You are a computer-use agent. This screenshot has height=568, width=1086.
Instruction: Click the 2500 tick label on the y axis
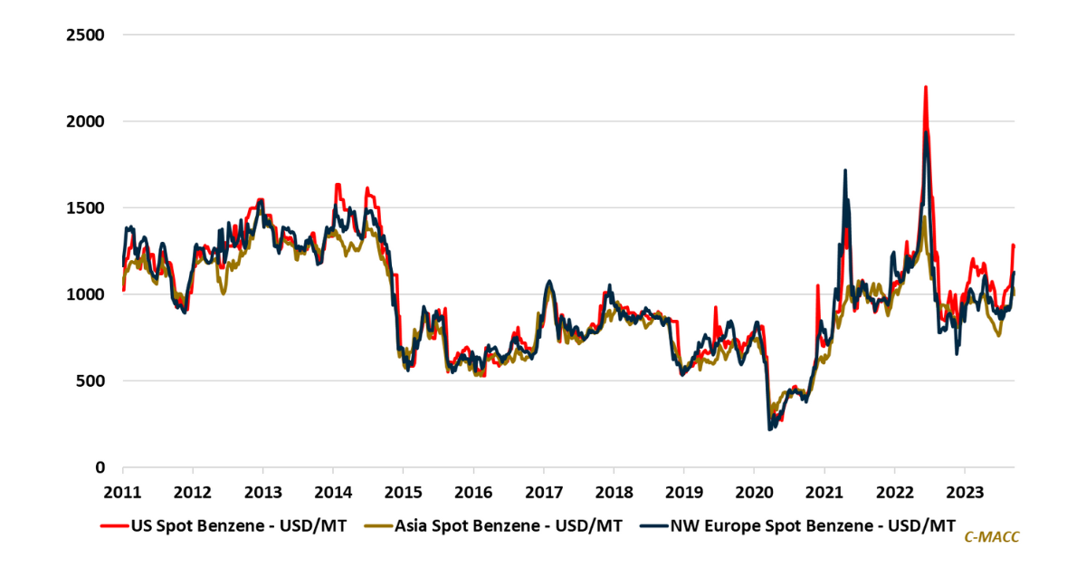point(87,34)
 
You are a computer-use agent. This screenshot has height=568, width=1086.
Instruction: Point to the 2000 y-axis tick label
point(87,121)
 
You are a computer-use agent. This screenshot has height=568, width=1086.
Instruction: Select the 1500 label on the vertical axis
point(87,207)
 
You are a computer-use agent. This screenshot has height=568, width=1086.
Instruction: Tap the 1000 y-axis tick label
point(87,294)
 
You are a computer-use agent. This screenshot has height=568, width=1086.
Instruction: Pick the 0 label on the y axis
point(102,467)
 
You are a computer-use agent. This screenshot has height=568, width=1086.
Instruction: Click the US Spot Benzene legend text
point(239,525)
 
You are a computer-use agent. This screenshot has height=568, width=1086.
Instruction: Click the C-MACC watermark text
point(991,538)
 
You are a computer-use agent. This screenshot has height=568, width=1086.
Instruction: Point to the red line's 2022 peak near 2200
point(925,88)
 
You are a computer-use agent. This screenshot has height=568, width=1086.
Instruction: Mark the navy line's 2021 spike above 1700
point(844,170)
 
